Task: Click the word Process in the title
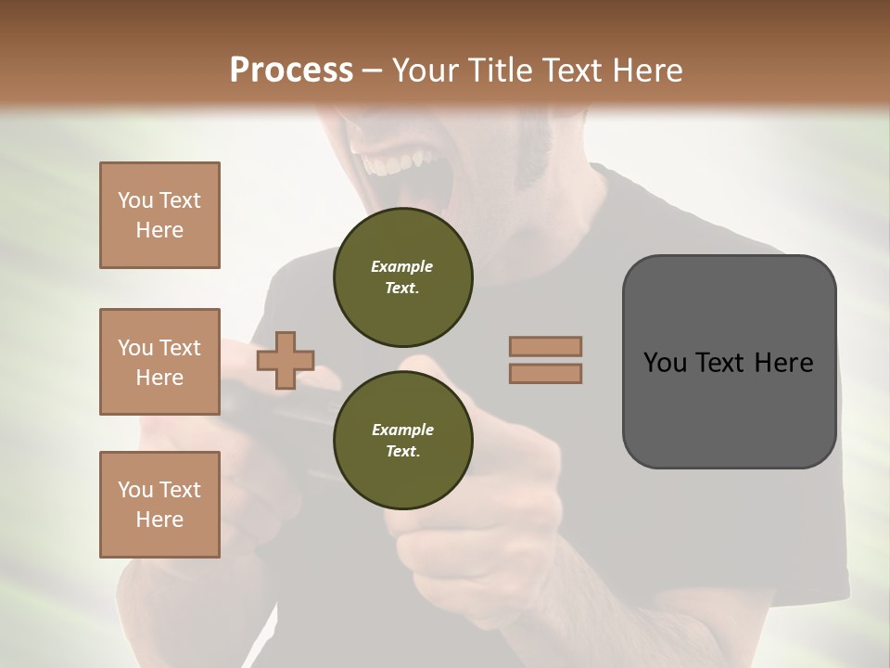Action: click(291, 71)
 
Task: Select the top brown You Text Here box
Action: click(159, 215)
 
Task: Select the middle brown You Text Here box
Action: click(159, 362)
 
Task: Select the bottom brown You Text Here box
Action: click(159, 505)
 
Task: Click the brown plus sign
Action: click(286, 360)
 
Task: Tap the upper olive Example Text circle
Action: click(402, 276)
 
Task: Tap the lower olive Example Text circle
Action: click(402, 440)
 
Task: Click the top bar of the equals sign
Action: click(546, 346)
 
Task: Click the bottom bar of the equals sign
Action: click(546, 373)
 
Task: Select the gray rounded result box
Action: click(729, 361)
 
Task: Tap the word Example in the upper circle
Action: click(401, 266)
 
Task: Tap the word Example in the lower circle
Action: click(402, 430)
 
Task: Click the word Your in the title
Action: click(425, 71)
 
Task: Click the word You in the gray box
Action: click(664, 362)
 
